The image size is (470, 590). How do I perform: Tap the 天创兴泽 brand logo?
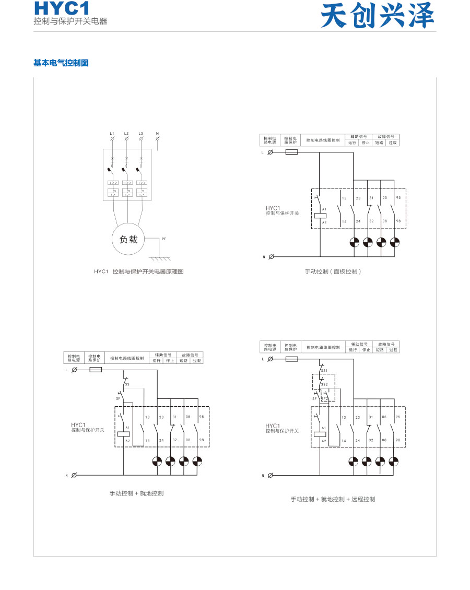[x=377, y=16]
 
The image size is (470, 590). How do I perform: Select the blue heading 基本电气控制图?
[x=61, y=63]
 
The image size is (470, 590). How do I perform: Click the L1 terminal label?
[x=112, y=134]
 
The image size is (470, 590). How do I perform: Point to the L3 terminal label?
[x=141, y=134]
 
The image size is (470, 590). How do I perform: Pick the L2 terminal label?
[x=126, y=134]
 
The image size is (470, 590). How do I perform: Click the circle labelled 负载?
[x=128, y=240]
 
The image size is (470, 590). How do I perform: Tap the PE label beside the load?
[x=164, y=239]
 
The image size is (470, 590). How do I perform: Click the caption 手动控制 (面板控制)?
[x=333, y=272]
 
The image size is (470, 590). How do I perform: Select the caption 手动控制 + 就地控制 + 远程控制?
[x=333, y=499]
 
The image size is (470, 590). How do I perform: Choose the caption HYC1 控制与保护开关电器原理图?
[x=139, y=272]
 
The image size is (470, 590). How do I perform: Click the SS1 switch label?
[x=324, y=370]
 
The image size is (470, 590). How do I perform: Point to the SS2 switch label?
[x=324, y=384]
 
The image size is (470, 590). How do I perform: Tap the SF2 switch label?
[x=324, y=398]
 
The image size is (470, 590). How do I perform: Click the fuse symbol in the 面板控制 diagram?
[x=292, y=152]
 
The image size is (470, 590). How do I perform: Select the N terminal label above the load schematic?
[x=157, y=134]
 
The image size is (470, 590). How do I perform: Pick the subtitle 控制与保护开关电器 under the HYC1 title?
[x=70, y=21]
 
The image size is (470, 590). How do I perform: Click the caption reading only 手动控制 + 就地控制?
[x=136, y=493]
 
